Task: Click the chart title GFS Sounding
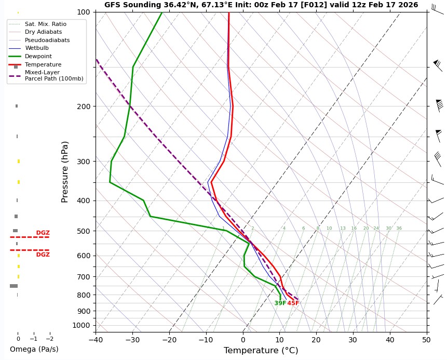pos(261,5)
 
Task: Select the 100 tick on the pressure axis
pos(84,12)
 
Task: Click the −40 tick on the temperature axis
pos(96,340)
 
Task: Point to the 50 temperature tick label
pos(426,340)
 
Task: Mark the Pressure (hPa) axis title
pos(65,171)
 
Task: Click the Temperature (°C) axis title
pos(261,351)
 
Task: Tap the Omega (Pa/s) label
pos(34,349)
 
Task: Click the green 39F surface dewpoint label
pos(280,303)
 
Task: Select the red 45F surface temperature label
pos(293,303)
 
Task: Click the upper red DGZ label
pos(43,233)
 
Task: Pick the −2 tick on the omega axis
pos(49,338)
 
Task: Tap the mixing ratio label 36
pos(399,229)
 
